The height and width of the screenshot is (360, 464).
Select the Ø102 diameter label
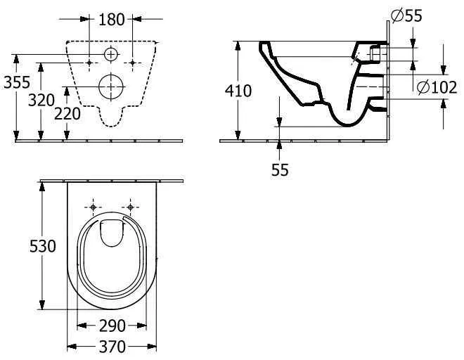pyautogui.click(x=435, y=86)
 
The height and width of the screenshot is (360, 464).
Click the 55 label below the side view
pyautogui.click(x=280, y=169)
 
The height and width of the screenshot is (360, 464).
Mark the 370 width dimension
pyautogui.click(x=112, y=347)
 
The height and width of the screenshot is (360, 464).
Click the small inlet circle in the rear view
pyautogui.click(x=111, y=54)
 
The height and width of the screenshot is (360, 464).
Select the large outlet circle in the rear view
pyautogui.click(x=111, y=86)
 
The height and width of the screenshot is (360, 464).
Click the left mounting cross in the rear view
pyautogui.click(x=89, y=63)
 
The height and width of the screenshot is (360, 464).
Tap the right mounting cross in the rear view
pyautogui.click(x=134, y=63)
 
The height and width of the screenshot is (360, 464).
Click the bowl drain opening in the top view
pyautogui.click(x=112, y=233)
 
